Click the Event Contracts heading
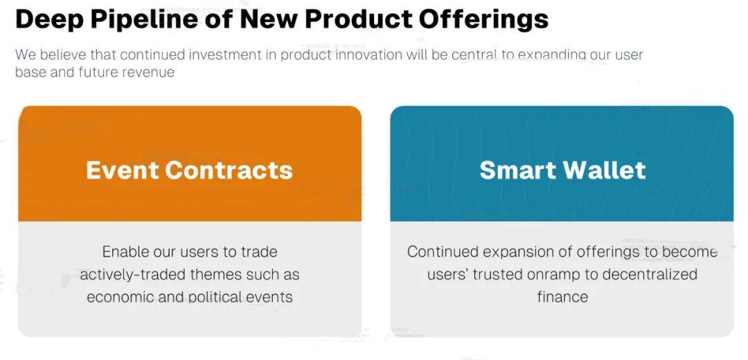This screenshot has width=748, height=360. point(189,170)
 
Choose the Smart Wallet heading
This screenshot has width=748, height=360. point(563,170)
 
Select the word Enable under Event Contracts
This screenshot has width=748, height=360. point(124,251)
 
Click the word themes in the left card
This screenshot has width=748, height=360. point(216,275)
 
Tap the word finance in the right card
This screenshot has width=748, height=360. point(562,297)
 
